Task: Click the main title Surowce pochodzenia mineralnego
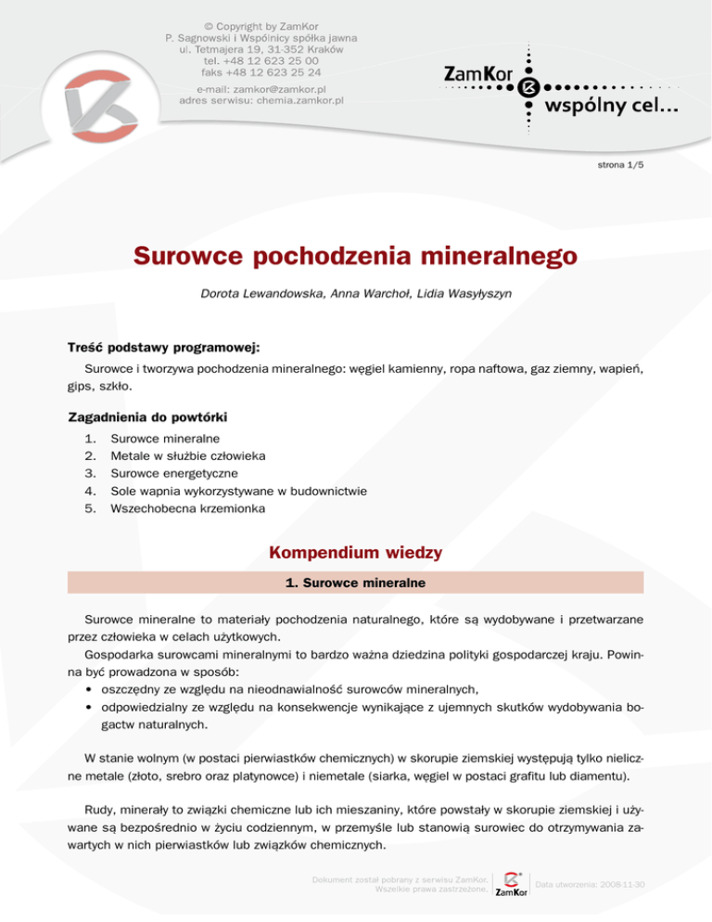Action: pos(355,254)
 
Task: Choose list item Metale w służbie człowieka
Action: pos(188,456)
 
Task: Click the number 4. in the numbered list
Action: pos(91,491)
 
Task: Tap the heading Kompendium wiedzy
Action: pos(355,553)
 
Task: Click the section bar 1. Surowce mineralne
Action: pos(355,583)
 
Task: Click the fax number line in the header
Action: pos(261,72)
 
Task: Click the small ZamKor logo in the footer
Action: pos(513,886)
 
